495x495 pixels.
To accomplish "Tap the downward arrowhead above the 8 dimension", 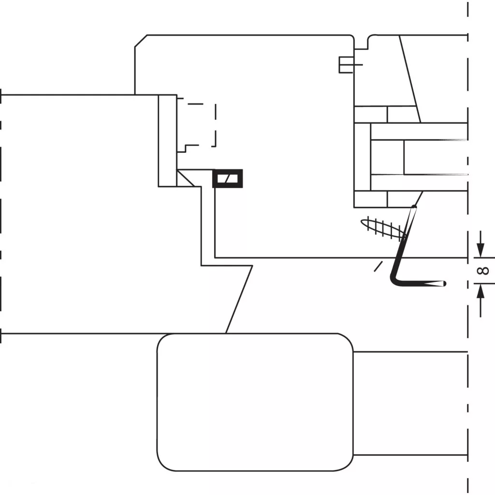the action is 480,251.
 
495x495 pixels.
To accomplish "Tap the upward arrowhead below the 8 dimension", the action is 480,291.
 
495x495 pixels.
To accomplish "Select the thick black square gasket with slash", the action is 228,178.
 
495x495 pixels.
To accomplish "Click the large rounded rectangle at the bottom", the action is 255,402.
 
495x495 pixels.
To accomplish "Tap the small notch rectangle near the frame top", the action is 346,65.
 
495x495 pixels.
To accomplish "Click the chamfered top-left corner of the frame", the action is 141,41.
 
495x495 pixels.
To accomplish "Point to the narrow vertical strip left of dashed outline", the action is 168,141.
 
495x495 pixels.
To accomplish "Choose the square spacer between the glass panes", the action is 387,157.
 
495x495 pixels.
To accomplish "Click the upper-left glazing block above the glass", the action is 371,114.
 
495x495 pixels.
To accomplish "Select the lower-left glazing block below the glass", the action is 371,199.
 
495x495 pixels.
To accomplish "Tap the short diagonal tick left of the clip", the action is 378,266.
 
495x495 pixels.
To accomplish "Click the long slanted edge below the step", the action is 239,299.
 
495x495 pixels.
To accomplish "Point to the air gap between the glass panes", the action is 436,157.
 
